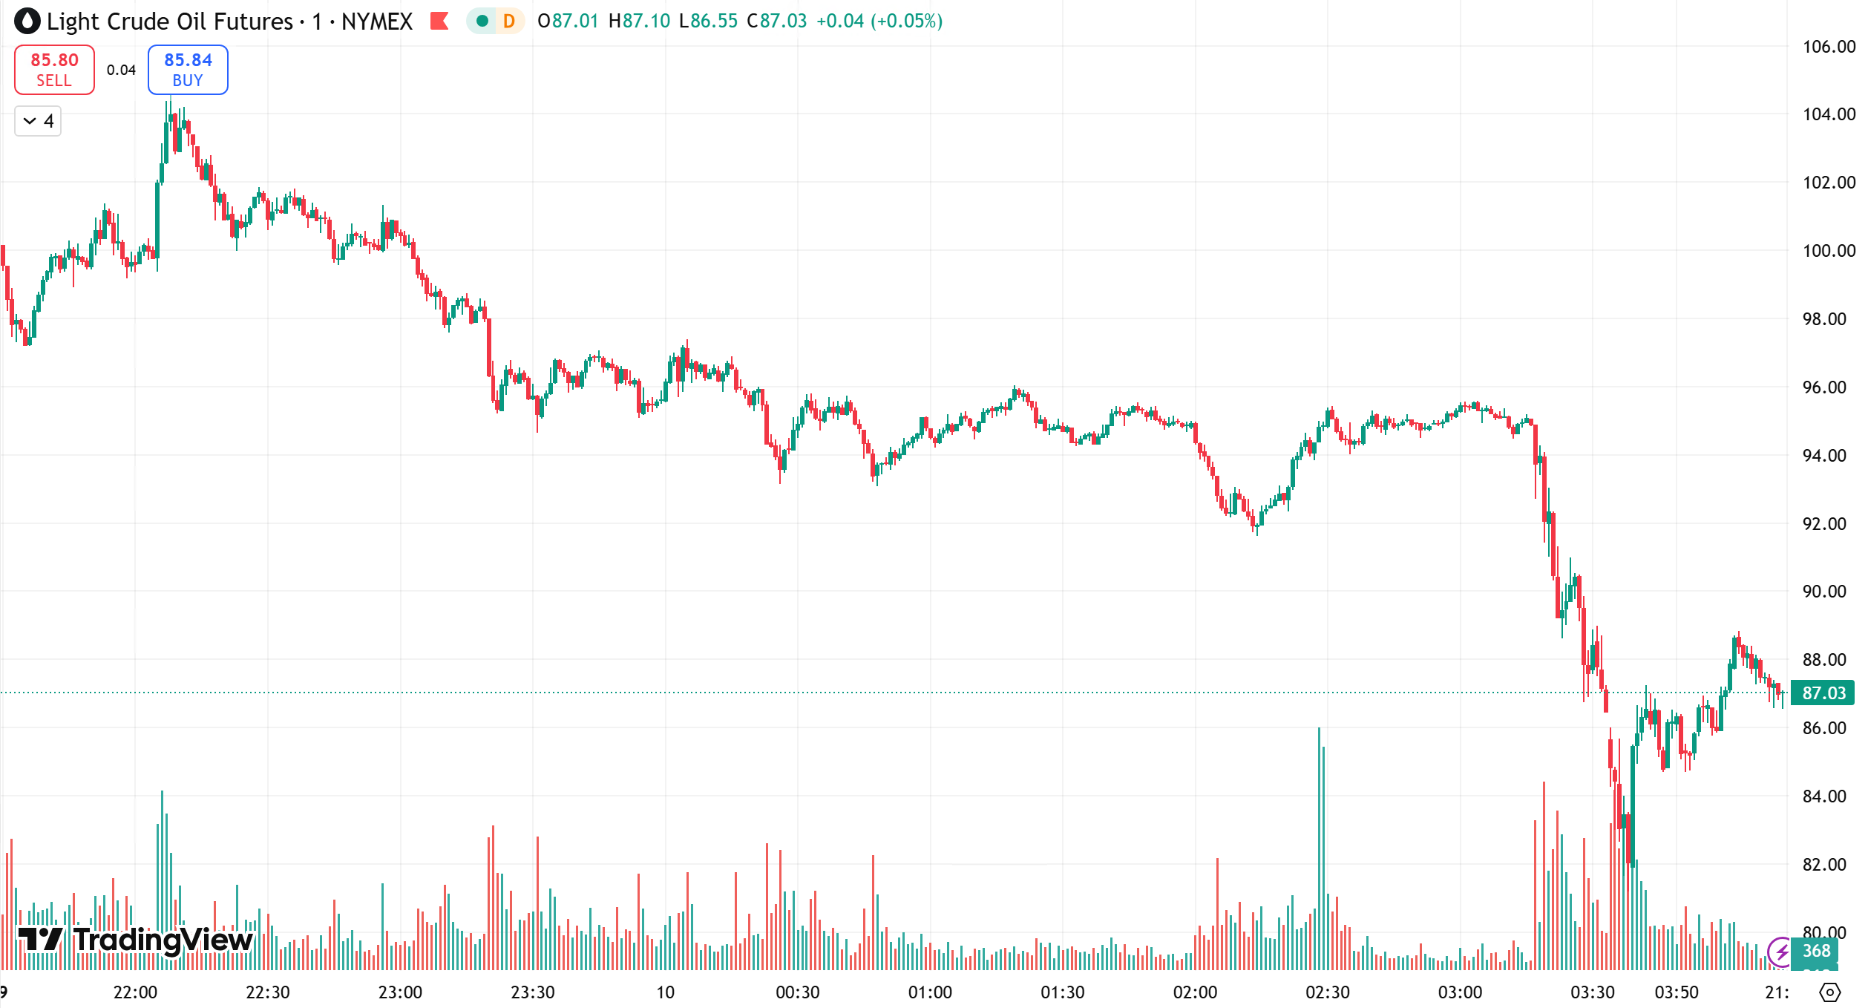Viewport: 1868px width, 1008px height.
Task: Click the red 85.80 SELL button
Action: click(x=54, y=70)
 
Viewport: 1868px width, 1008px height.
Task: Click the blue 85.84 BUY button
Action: click(x=188, y=70)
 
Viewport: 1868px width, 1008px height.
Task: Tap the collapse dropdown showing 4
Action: click(x=38, y=121)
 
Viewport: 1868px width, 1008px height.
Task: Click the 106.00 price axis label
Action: click(x=1828, y=47)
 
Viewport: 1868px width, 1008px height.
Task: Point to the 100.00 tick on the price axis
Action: click(x=1828, y=251)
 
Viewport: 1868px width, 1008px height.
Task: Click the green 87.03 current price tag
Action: click(x=1823, y=693)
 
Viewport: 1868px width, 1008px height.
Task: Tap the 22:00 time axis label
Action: click(x=135, y=992)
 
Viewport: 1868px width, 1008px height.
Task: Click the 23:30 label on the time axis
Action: click(x=533, y=992)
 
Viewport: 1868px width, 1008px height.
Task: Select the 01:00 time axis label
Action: click(x=930, y=992)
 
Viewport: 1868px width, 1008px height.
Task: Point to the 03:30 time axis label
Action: click(x=1592, y=992)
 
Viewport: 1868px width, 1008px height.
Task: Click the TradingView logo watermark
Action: click(x=136, y=940)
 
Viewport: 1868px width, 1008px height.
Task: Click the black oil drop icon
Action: click(x=27, y=21)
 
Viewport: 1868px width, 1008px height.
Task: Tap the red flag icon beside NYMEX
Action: click(x=439, y=21)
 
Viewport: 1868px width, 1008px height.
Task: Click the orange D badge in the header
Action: click(x=509, y=21)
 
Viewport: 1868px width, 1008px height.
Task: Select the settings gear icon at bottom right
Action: click(x=1830, y=992)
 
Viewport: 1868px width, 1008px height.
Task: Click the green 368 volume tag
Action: click(x=1816, y=951)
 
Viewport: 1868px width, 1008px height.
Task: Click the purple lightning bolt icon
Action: click(x=1780, y=951)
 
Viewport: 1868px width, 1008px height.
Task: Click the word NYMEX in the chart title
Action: click(x=377, y=21)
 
